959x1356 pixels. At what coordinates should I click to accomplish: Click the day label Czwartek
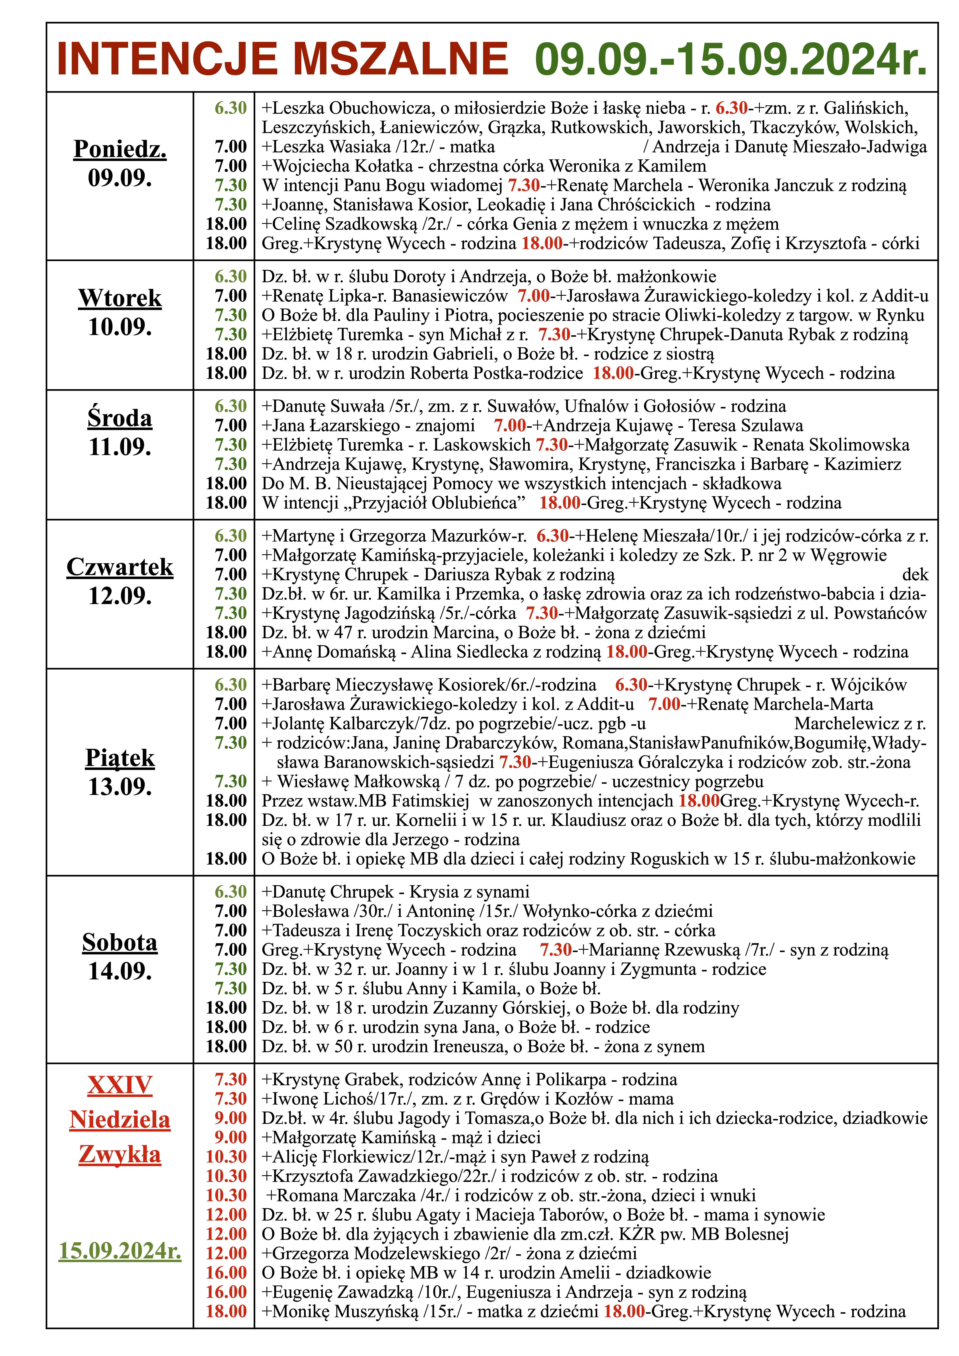point(120,567)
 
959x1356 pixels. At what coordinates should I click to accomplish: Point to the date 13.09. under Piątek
point(120,787)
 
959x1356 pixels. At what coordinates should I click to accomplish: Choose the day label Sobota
point(120,943)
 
